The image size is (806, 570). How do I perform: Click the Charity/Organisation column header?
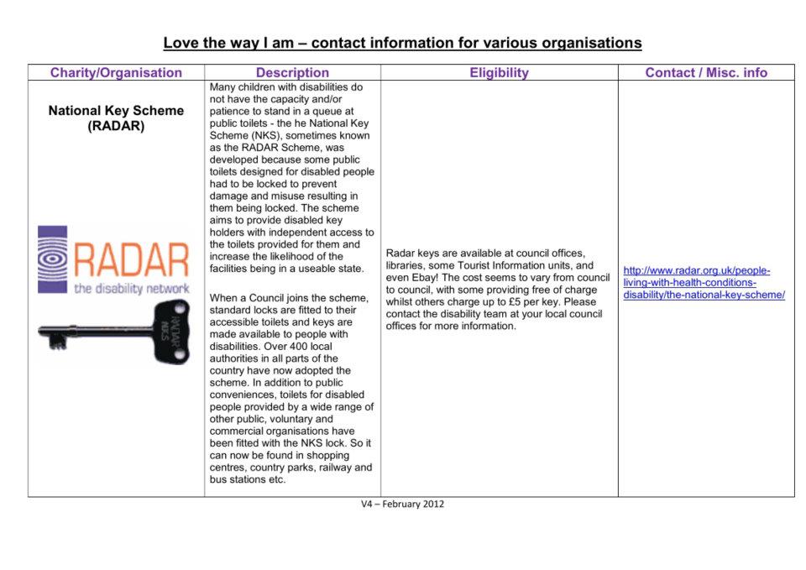click(x=116, y=73)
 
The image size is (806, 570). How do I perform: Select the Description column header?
click(x=292, y=73)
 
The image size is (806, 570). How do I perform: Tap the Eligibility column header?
click(x=499, y=73)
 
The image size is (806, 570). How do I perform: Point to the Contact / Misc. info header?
click(x=706, y=73)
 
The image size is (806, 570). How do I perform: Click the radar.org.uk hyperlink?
click(x=704, y=283)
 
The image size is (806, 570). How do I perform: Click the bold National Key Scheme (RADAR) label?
click(x=116, y=118)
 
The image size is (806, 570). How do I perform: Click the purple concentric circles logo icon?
click(x=53, y=259)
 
